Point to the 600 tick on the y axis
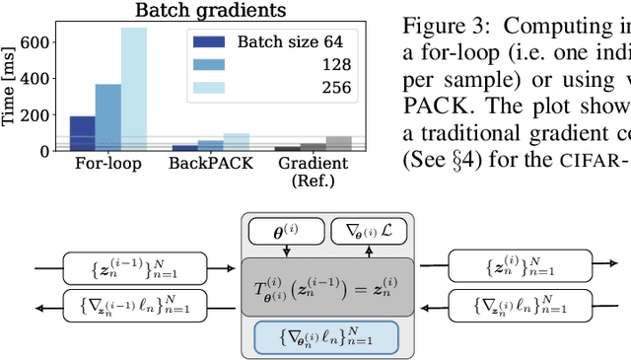tap(36, 42)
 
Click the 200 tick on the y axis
tap(36, 114)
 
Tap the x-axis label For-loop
tap(107, 163)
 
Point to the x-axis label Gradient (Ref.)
tap(311, 170)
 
